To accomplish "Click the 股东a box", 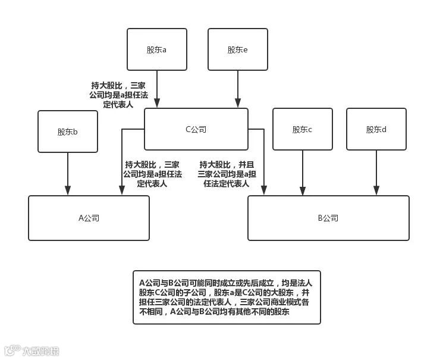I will [x=157, y=49].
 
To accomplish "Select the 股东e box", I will [x=237, y=49].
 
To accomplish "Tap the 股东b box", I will [x=67, y=132].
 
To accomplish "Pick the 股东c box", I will [x=302, y=129].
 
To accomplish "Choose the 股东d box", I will [x=376, y=129].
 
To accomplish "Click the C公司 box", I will [x=196, y=129].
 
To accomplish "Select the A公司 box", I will [x=89, y=218].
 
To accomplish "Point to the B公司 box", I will [x=328, y=218].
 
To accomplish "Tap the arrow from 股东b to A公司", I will [x=67, y=173].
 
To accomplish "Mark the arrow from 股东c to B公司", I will [x=302, y=173].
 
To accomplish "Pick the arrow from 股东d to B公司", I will [x=376, y=173].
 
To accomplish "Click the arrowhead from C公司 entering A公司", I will [x=122, y=190].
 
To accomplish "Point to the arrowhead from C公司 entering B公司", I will [x=264, y=190].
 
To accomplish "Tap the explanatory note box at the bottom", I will [x=227, y=298].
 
